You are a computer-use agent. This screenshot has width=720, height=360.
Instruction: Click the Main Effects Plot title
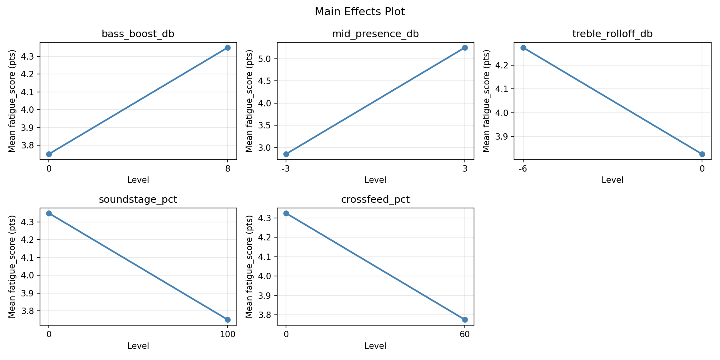pos(360,12)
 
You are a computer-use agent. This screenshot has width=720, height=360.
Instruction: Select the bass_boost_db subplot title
pos(138,34)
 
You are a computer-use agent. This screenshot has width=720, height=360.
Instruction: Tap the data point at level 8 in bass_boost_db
pos(228,48)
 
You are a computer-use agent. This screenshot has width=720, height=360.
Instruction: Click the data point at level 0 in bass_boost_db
pos(49,154)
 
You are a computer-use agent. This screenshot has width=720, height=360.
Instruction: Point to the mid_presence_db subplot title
pos(375,34)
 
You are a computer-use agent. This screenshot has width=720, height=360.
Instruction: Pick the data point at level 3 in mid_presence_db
pos(465,48)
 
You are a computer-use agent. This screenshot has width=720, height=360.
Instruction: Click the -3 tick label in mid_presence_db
pos(286,168)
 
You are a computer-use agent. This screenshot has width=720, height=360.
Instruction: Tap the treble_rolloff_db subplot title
pos(612,34)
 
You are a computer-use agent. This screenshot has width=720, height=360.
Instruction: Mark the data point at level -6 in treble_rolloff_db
pos(523,48)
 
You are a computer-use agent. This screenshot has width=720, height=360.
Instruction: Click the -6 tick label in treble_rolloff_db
pos(523,168)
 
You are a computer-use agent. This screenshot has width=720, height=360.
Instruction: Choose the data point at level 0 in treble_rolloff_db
pos(702,154)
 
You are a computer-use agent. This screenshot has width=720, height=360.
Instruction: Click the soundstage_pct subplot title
pos(138,200)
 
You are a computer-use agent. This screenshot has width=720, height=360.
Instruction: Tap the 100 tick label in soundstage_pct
pos(228,334)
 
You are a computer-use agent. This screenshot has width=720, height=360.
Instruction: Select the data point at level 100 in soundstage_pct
pos(228,320)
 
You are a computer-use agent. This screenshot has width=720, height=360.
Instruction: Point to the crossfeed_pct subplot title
pos(375,200)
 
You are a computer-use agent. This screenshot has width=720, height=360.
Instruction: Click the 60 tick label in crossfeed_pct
pos(465,334)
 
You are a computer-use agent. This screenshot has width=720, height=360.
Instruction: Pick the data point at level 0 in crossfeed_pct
pos(286,213)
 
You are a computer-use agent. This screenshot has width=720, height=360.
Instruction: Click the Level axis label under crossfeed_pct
pos(375,346)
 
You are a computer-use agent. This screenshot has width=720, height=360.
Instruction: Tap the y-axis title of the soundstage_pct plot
pos(12,266)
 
